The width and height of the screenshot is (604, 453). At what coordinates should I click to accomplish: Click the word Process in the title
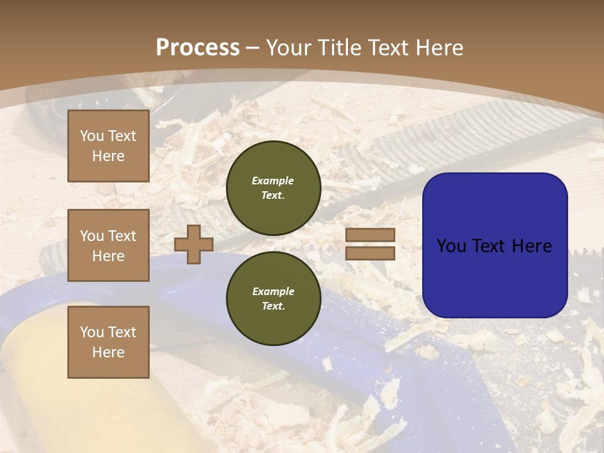pyautogui.click(x=198, y=48)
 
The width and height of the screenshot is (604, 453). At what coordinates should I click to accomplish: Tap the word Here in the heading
pyautogui.click(x=439, y=48)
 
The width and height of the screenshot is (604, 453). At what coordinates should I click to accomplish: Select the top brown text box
pyautogui.click(x=108, y=146)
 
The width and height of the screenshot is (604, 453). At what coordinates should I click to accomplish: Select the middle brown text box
pyautogui.click(x=108, y=245)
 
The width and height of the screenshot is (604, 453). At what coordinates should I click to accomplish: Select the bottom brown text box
pyautogui.click(x=108, y=342)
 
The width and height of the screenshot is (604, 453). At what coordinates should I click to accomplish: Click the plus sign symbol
pyautogui.click(x=194, y=244)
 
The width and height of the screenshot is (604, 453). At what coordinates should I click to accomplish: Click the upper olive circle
pyautogui.click(x=274, y=187)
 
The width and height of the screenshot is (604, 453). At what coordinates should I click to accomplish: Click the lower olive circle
pyautogui.click(x=274, y=298)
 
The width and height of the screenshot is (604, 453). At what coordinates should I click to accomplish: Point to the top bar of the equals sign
pyautogui.click(x=370, y=235)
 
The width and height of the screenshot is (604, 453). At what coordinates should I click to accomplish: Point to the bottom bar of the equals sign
pyautogui.click(x=370, y=254)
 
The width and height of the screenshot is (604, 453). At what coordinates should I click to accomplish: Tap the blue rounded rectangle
pyautogui.click(x=495, y=245)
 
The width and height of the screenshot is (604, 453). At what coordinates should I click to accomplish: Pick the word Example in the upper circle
pyautogui.click(x=273, y=181)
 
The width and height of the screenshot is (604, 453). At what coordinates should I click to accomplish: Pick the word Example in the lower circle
pyautogui.click(x=273, y=291)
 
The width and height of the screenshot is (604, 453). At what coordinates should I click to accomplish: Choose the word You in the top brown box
pyautogui.click(x=92, y=136)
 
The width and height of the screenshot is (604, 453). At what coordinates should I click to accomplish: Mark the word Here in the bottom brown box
pyautogui.click(x=108, y=352)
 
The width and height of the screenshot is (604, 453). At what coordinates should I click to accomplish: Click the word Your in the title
pyautogui.click(x=288, y=48)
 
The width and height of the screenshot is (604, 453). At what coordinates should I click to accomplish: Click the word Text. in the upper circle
pyautogui.click(x=273, y=195)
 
